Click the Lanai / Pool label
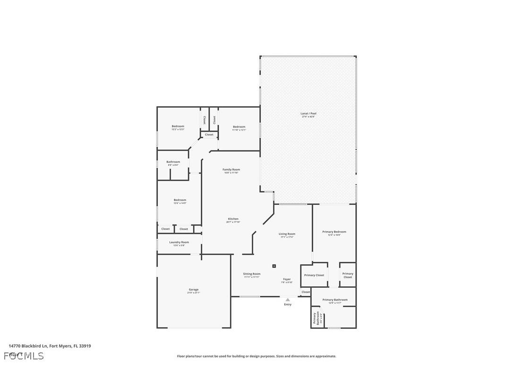click(309, 114)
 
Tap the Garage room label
click(193, 290)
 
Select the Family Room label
click(231, 170)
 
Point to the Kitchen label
click(233, 219)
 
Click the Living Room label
click(287, 234)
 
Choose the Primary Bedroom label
click(334, 232)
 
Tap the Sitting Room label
click(252, 274)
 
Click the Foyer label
click(287, 279)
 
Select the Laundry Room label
click(179, 242)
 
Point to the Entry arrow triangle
click(288, 300)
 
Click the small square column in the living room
click(274, 266)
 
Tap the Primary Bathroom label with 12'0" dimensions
click(335, 300)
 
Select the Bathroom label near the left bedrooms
click(173, 162)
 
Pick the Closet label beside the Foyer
click(306, 292)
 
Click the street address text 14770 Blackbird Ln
click(50, 346)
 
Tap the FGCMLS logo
click(24, 356)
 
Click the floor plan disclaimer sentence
click(256, 356)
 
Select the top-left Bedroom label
click(178, 126)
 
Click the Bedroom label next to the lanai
click(239, 127)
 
